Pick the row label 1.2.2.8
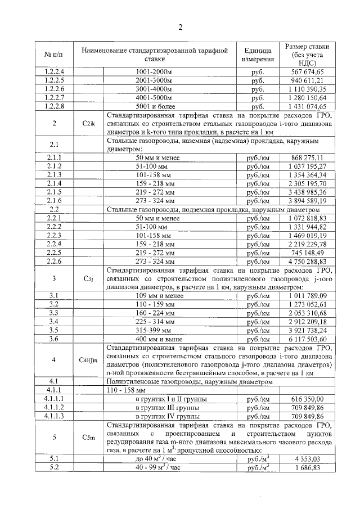pyautogui.click(x=55, y=106)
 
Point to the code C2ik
pyautogui.click(x=89, y=123)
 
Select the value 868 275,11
pyautogui.click(x=307, y=158)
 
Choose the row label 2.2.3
pyautogui.click(x=55, y=235)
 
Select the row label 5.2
pyautogui.click(x=55, y=467)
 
